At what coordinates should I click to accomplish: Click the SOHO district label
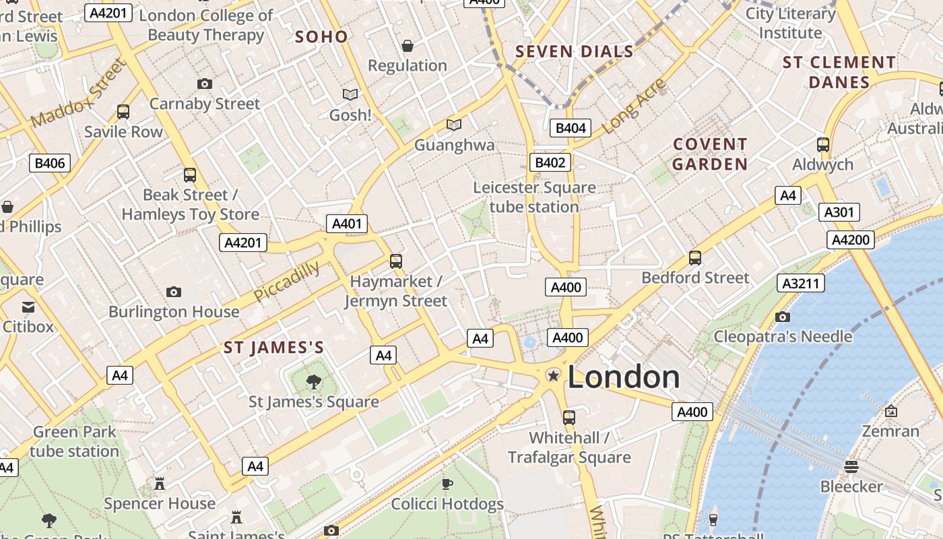pyautogui.click(x=321, y=37)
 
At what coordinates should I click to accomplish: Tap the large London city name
pyautogui.click(x=623, y=377)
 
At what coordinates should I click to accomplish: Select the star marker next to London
pyautogui.click(x=553, y=375)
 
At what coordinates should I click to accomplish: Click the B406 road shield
pyautogui.click(x=50, y=162)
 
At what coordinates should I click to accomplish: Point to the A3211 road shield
pyautogui.click(x=800, y=283)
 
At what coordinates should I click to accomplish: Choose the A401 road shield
pyautogui.click(x=347, y=224)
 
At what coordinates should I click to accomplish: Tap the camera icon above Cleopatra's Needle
pyautogui.click(x=782, y=317)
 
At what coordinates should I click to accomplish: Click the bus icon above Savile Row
pyautogui.click(x=123, y=112)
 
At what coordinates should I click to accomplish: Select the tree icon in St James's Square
pyautogui.click(x=313, y=382)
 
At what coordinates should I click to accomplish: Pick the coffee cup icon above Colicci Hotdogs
pyautogui.click(x=447, y=484)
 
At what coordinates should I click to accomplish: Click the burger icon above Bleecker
pyautogui.click(x=851, y=466)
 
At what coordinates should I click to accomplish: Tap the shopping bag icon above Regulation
pyautogui.click(x=408, y=46)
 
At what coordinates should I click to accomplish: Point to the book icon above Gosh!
pyautogui.click(x=350, y=95)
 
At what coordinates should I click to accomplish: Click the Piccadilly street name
pyautogui.click(x=287, y=282)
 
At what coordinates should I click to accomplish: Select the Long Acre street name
pyautogui.click(x=633, y=106)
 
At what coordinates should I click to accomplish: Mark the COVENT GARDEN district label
pyautogui.click(x=710, y=154)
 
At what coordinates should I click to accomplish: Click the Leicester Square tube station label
pyautogui.click(x=534, y=197)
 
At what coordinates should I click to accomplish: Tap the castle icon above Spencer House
pyautogui.click(x=160, y=484)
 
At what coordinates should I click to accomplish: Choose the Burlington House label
pyautogui.click(x=174, y=311)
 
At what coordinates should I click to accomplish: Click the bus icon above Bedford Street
pyautogui.click(x=695, y=258)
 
